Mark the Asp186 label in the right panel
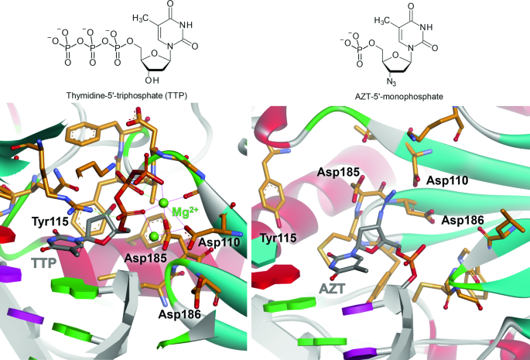(x=463, y=221)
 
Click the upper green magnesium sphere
(x=162, y=203)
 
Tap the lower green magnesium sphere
(x=155, y=235)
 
